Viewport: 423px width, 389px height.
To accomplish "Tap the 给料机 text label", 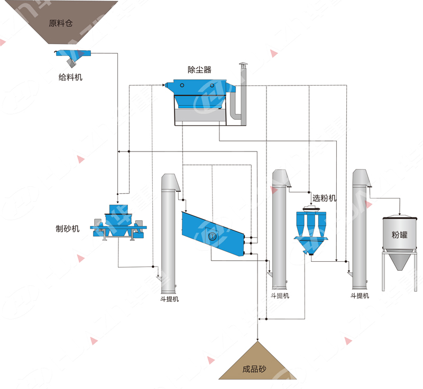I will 70,78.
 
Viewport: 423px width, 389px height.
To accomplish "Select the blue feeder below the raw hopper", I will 73,54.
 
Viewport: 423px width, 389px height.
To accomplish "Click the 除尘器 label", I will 199,69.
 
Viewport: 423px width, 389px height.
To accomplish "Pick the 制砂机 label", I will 68,229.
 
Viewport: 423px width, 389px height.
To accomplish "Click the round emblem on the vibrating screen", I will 213,238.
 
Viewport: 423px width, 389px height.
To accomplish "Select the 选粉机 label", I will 325,198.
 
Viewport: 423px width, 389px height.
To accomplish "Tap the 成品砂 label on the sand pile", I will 254,370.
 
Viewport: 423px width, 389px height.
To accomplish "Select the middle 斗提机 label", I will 280,296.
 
